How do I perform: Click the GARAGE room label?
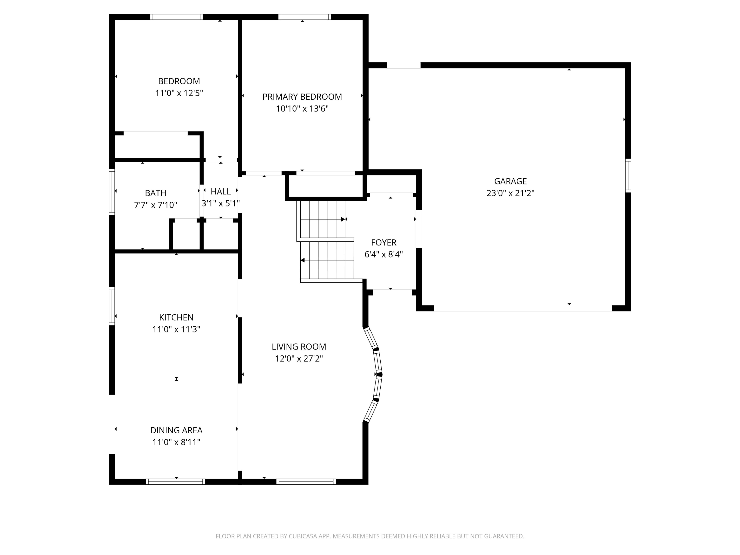[510, 181]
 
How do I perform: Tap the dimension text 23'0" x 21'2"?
[510, 193]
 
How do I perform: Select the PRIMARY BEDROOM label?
[302, 97]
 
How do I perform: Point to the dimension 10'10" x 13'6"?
[302, 109]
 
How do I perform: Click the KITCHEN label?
[176, 317]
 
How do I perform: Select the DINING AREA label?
[176, 430]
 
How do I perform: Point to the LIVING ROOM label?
[299, 347]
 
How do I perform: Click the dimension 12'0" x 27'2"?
[299, 359]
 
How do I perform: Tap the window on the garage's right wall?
[628, 176]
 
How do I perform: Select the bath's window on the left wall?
[112, 192]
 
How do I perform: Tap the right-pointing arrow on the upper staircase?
[343, 219]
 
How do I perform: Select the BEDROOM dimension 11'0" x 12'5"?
[179, 93]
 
